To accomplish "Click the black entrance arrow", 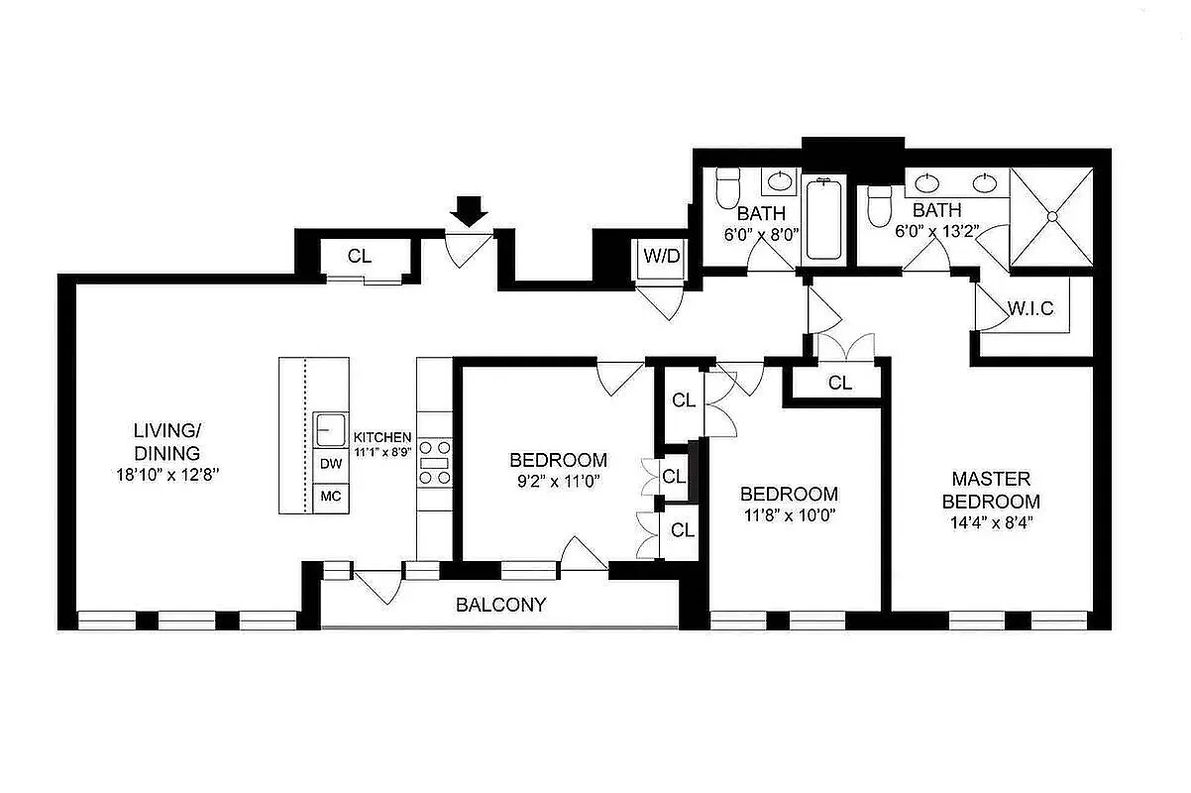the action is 469,211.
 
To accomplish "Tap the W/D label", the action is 662,257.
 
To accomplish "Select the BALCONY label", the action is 500,605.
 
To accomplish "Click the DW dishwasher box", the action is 331,464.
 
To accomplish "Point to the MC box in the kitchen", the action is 331,497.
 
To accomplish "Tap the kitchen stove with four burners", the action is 435,462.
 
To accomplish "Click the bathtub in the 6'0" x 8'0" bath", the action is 823,220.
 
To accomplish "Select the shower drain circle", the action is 1052,216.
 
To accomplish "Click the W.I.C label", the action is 1030,308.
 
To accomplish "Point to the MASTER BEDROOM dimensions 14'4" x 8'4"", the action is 991,522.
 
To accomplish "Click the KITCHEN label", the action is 382,437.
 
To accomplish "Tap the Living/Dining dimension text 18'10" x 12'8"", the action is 167,475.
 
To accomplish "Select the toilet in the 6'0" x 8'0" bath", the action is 728,187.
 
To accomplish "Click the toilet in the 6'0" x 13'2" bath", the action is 880,206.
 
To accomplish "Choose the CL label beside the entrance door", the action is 360,257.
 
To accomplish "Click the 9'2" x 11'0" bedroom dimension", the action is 558,482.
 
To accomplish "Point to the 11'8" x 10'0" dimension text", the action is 789,515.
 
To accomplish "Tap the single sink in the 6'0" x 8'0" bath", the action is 780,182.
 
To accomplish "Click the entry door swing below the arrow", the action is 469,250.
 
